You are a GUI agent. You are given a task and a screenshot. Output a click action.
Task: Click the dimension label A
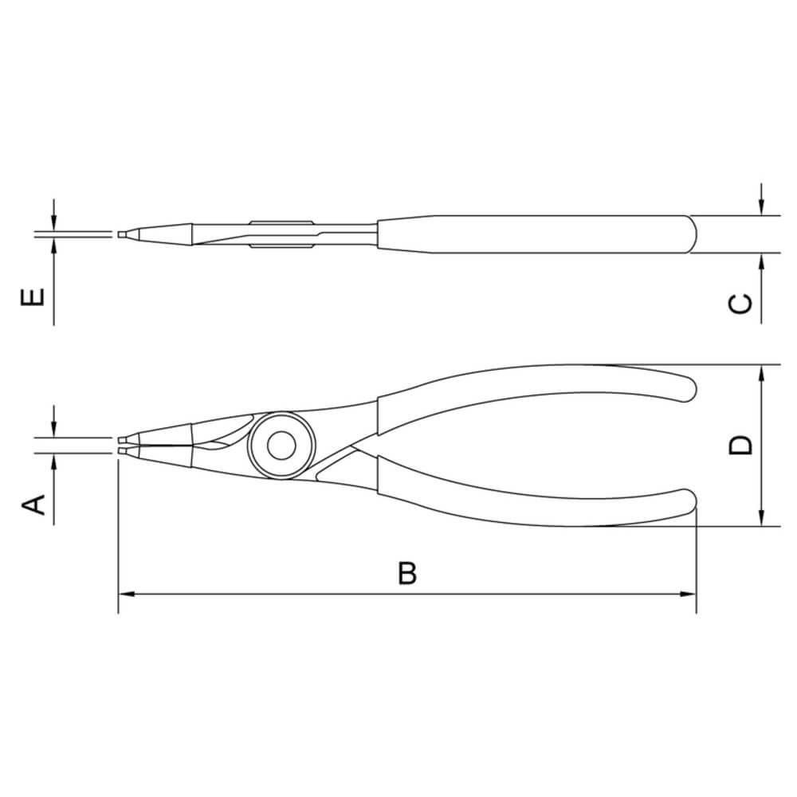pos(33,504)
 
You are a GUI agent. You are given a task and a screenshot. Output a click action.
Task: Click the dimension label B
pos(407,573)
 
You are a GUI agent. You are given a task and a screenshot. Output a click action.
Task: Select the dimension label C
pos(740,304)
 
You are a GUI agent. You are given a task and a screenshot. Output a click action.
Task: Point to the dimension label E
pos(33,298)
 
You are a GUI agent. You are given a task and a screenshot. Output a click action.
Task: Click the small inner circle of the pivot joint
pos(280,446)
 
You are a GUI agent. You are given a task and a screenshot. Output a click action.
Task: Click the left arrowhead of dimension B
pos(127,595)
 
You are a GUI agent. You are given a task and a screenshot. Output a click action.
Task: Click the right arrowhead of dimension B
pos(688,595)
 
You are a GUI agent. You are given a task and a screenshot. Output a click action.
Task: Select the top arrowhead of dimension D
pos(763,374)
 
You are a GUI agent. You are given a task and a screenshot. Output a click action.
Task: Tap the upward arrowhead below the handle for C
pos(763,262)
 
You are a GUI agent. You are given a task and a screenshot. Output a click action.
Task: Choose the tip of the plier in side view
pos(120,234)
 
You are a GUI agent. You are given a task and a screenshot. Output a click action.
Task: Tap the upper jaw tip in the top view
pos(121,439)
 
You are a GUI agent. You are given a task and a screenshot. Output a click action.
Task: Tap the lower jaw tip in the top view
pos(121,452)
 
